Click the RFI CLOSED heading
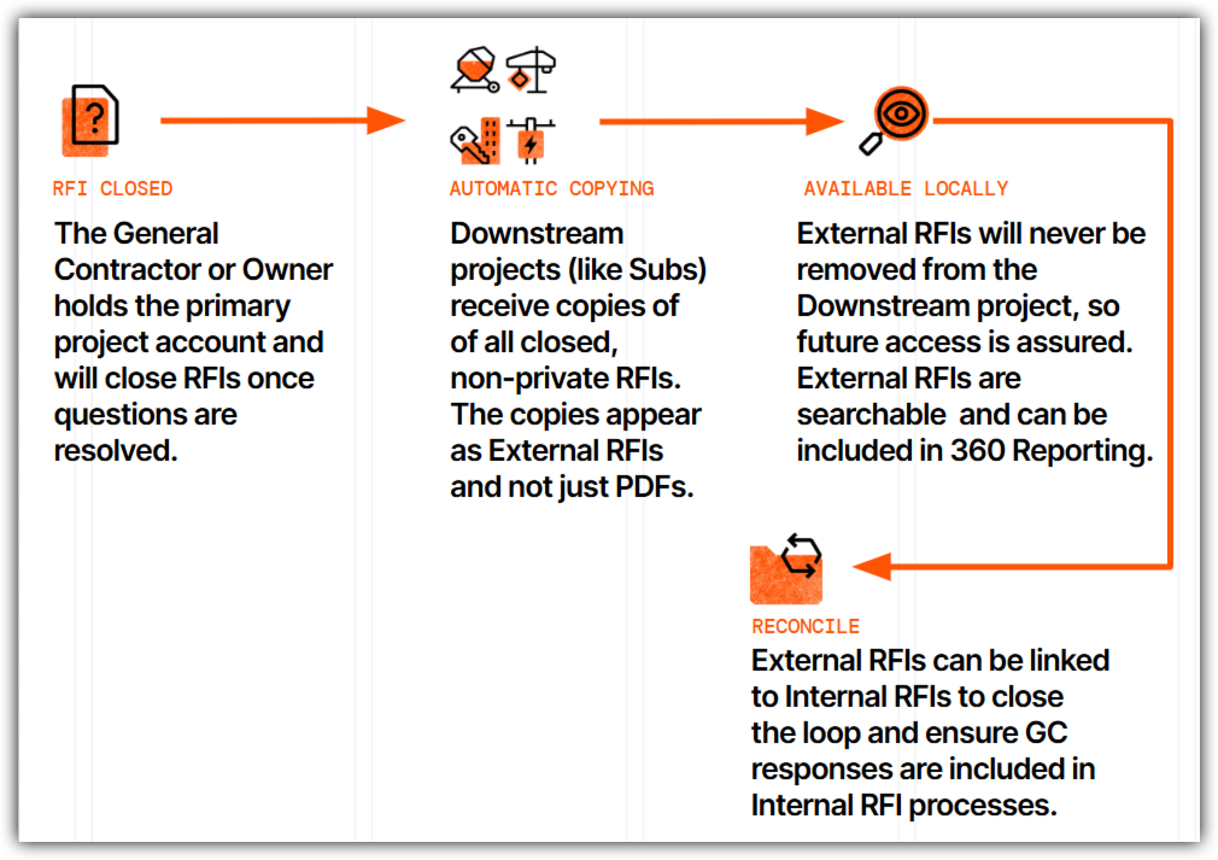[x=112, y=189]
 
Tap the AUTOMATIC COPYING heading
[x=551, y=189]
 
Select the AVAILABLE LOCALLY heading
[x=906, y=189]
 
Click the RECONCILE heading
[x=805, y=627]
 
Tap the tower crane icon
[x=531, y=70]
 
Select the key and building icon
[x=476, y=141]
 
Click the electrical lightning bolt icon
[x=531, y=141]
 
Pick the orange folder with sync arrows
[x=786, y=571]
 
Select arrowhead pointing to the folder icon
[x=873, y=566]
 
